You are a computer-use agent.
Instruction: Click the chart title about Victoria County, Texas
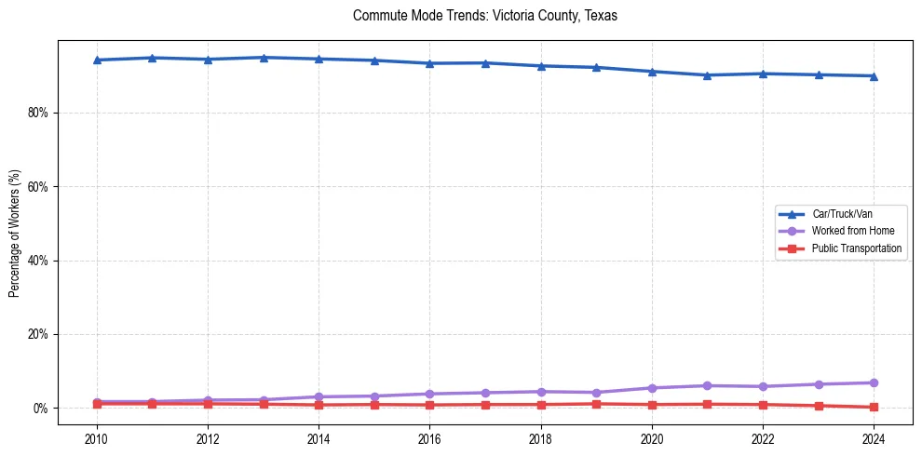pyautogui.click(x=485, y=16)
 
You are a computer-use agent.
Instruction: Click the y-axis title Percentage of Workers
pyautogui.click(x=14, y=233)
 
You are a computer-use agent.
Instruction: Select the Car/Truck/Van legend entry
pyautogui.click(x=842, y=214)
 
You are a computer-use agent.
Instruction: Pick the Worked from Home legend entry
pyautogui.click(x=852, y=231)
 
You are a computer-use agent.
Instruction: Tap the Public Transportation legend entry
pyautogui.click(x=856, y=248)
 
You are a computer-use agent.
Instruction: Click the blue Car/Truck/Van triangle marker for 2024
pyautogui.click(x=874, y=76)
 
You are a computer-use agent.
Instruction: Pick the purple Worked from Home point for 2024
pyautogui.click(x=874, y=382)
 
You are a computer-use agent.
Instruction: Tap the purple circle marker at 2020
pyautogui.click(x=652, y=388)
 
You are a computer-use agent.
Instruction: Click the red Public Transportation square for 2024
pyautogui.click(x=874, y=407)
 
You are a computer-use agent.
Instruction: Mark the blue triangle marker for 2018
pyautogui.click(x=540, y=66)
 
